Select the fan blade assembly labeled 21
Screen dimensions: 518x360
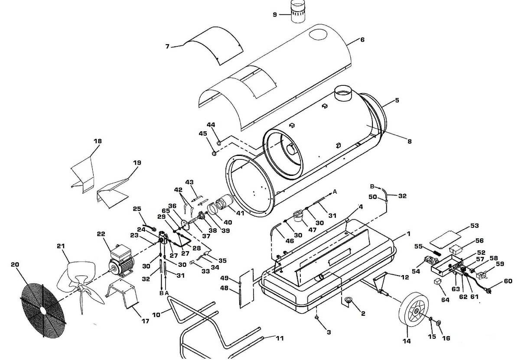(x=81, y=284)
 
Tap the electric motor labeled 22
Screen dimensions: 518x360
(x=121, y=262)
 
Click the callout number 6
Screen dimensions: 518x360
(x=362, y=39)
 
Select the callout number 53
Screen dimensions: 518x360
(x=474, y=226)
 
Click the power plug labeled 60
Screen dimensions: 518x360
(x=488, y=290)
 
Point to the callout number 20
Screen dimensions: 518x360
(x=15, y=264)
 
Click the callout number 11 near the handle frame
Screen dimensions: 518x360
(x=280, y=338)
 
